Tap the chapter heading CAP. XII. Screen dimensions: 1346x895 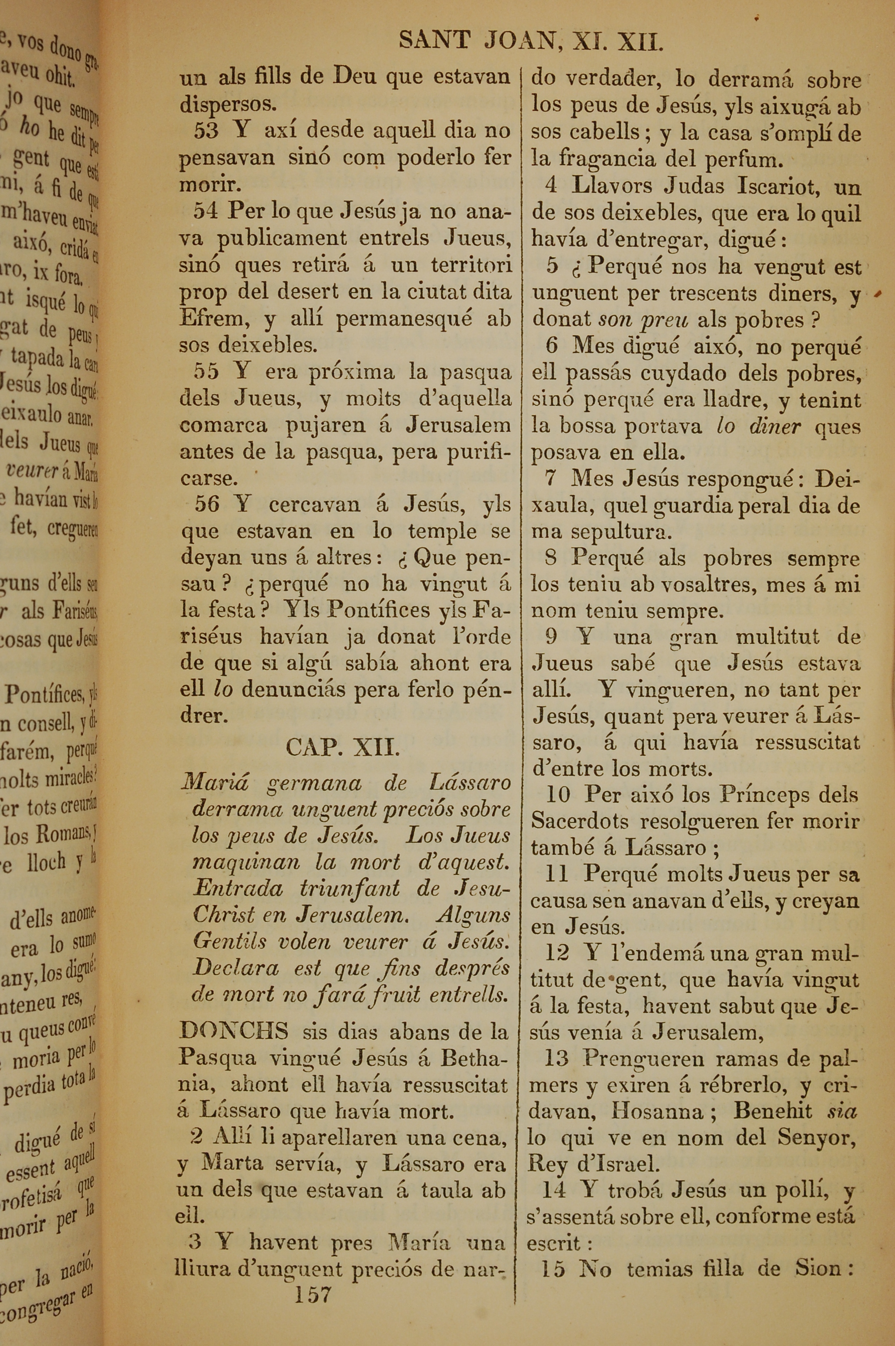pyautogui.click(x=342, y=747)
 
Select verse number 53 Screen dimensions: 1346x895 pyautogui.click(x=206, y=131)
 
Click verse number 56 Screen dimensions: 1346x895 pyautogui.click(x=207, y=504)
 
